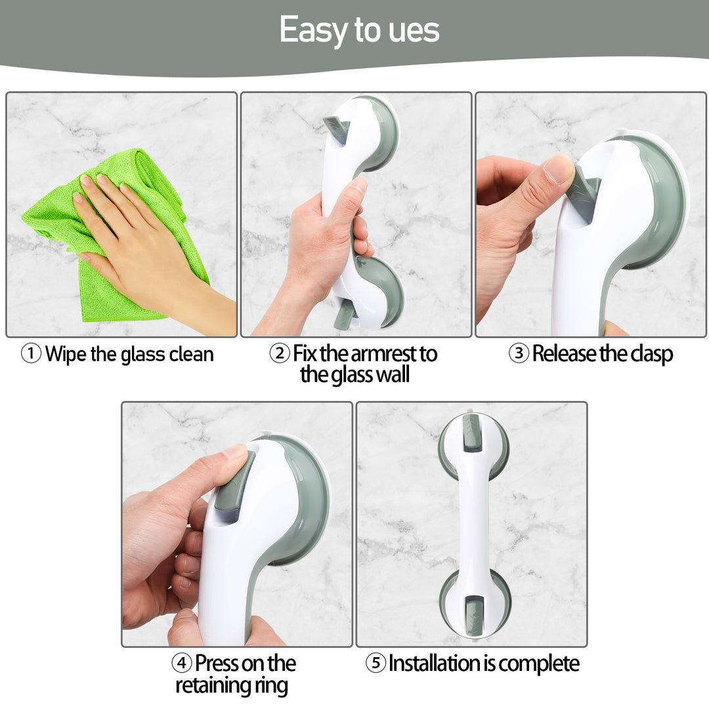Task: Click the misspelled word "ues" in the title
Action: point(414,30)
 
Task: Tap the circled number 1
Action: point(32,354)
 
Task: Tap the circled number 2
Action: point(280,353)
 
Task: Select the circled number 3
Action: point(519,353)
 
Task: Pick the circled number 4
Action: point(181,663)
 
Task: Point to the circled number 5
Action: point(376,663)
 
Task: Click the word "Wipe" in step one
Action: point(66,354)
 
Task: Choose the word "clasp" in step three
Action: point(651,354)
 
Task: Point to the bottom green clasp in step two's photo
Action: point(345,312)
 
